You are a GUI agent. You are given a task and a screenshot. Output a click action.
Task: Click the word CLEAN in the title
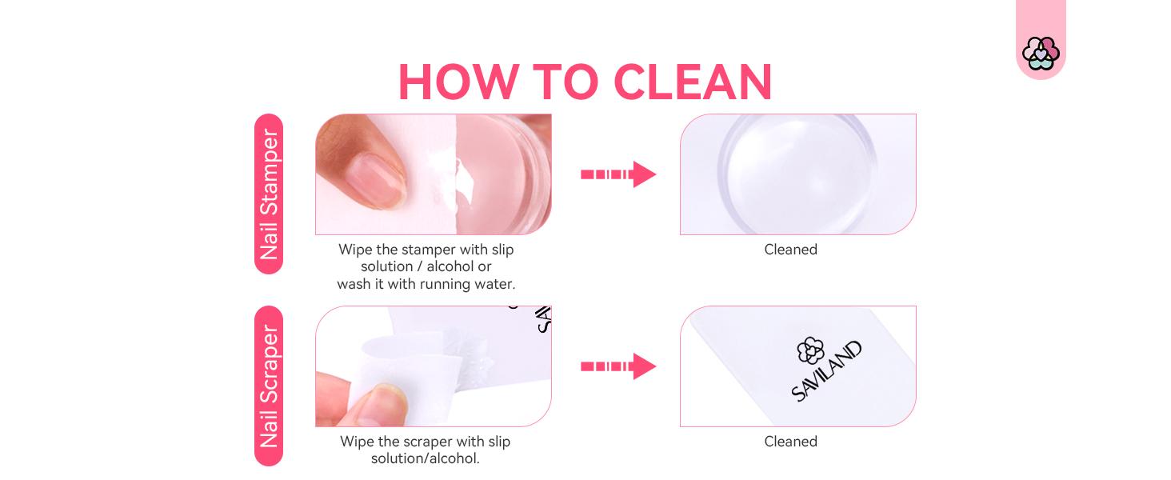693,82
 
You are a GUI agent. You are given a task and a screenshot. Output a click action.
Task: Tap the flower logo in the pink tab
1040,53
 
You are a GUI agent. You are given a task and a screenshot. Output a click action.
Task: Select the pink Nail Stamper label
269,194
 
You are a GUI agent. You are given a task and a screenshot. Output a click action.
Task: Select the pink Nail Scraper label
269,386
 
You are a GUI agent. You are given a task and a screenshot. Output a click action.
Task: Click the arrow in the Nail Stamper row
618,174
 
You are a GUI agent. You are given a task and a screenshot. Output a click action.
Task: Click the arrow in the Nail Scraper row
618,366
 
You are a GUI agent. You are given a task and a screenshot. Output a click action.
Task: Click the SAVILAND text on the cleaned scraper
827,371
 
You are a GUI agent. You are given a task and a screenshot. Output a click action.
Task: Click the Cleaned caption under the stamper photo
790,250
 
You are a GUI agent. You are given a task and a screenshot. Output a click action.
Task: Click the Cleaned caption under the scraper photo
790,442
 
